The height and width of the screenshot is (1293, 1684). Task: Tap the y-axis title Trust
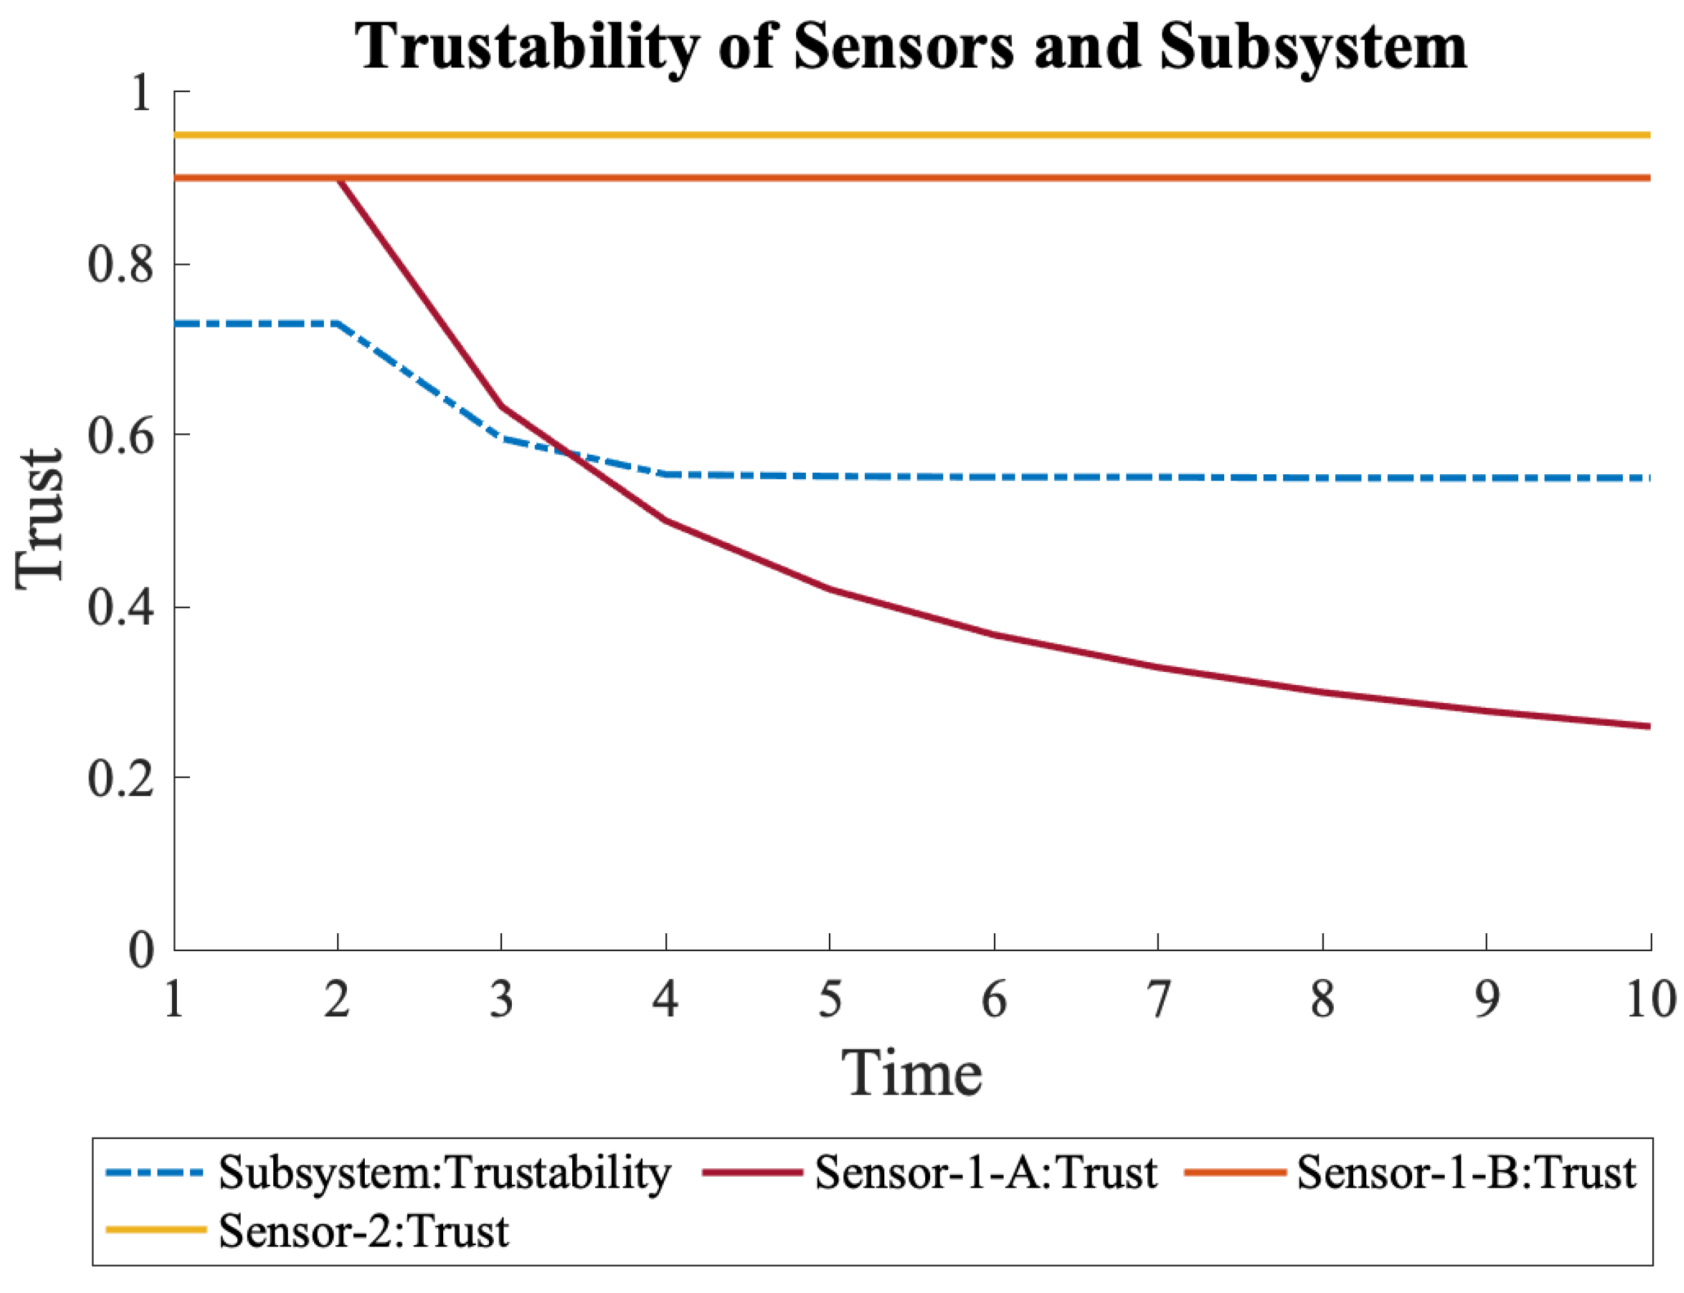tap(40, 520)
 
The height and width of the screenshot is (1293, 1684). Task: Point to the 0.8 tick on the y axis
tap(121, 265)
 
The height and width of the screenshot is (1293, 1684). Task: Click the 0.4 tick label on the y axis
tap(121, 607)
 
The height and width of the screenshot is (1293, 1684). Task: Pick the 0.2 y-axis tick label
tap(121, 778)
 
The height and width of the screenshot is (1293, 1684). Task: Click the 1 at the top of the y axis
tap(140, 94)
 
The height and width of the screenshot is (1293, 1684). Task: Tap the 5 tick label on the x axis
tap(830, 1000)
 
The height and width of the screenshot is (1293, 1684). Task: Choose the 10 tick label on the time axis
tap(1649, 1000)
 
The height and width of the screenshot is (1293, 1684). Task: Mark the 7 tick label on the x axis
tap(1158, 1000)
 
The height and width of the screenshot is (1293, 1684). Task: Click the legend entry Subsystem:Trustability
tap(445, 1174)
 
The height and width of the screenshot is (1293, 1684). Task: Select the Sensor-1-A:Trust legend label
tap(986, 1174)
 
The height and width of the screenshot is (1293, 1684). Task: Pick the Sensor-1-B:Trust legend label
tap(1466, 1174)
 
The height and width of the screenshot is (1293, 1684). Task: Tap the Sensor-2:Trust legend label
tap(363, 1232)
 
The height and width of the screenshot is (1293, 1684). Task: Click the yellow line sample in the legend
tap(155, 1230)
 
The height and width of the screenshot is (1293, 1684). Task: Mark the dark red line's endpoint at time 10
tap(1649, 727)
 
